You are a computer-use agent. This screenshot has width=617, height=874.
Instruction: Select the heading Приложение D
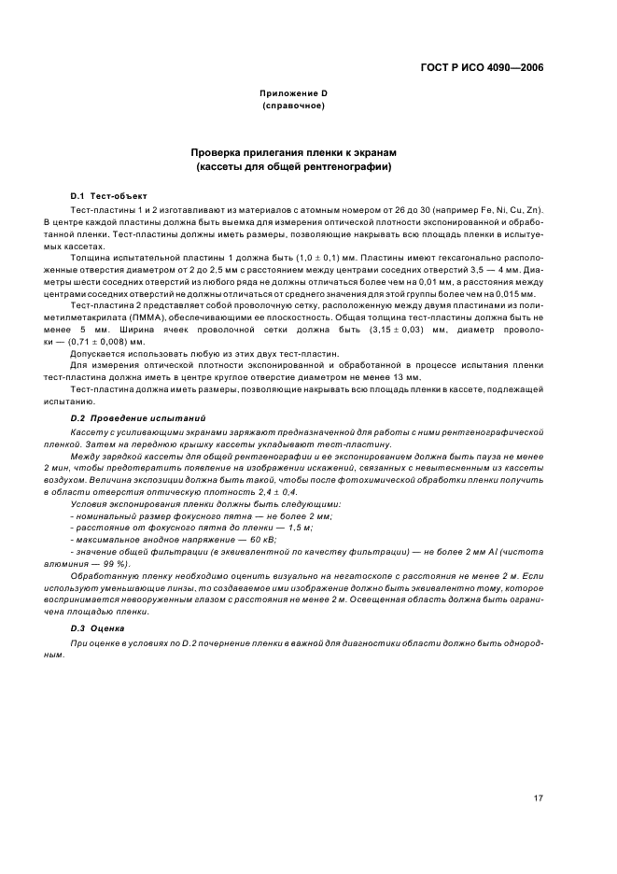tap(292, 94)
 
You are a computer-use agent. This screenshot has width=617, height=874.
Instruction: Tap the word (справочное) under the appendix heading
tap(292, 106)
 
